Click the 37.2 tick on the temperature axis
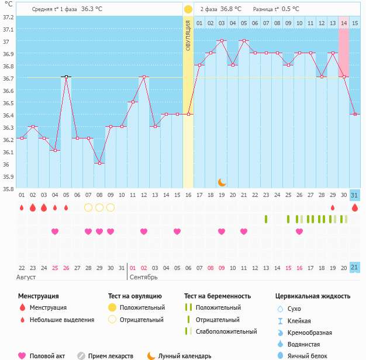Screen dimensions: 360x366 coord(8,17)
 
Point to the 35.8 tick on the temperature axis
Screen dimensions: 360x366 coord(8,189)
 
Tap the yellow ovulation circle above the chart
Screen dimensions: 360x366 coord(188,9)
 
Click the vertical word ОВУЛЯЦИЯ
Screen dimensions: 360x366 coord(188,35)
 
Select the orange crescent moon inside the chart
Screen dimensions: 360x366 coord(222,182)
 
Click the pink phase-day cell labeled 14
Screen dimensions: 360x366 coord(344,23)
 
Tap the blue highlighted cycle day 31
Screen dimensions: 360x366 coord(355,195)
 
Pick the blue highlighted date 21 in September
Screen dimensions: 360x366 coord(355,267)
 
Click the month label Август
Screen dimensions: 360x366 coord(27,276)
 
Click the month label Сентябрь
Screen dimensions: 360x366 coord(144,276)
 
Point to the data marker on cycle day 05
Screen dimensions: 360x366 coord(66,77)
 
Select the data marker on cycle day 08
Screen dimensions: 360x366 coord(99,163)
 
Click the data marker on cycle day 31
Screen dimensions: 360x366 coord(355,114)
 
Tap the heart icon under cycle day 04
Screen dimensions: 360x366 coord(55,231)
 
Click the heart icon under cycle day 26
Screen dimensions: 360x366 coord(299,231)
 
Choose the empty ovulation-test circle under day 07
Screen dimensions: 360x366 coord(88,207)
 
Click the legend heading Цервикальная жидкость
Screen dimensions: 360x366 coord(313,296)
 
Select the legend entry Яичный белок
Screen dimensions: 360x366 coord(312,355)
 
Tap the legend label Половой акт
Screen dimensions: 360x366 coord(48,355)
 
